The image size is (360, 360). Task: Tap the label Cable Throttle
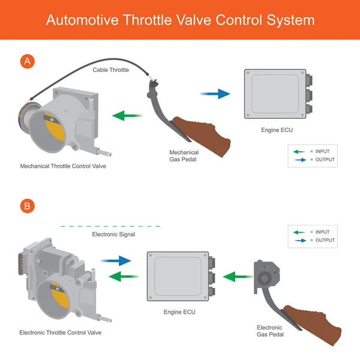pyautogui.click(x=110, y=70)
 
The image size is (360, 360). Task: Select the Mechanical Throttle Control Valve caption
pyautogui.click(x=63, y=166)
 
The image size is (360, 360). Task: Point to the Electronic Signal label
pyautogui.click(x=113, y=235)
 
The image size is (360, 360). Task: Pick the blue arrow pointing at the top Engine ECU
pyautogui.click(x=215, y=94)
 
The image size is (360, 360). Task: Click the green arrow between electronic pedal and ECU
pyautogui.click(x=238, y=277)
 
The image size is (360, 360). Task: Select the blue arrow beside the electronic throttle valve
pyautogui.click(x=116, y=260)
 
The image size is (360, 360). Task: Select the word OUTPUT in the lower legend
pyautogui.click(x=325, y=241)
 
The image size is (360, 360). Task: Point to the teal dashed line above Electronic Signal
pyautogui.click(x=110, y=226)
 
